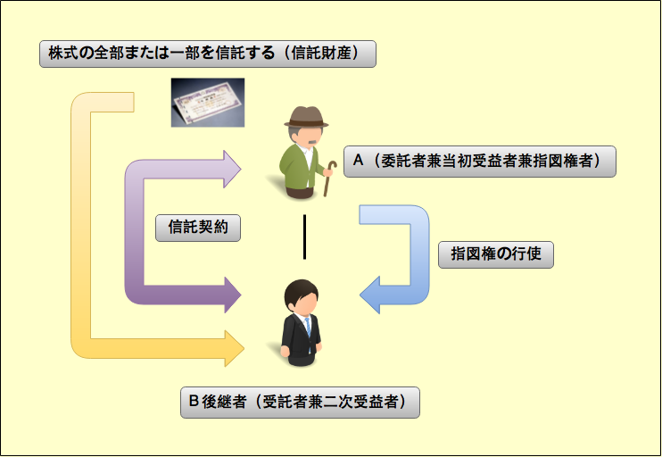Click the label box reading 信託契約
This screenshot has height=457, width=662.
[198, 227]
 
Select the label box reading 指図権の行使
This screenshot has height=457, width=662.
[497, 254]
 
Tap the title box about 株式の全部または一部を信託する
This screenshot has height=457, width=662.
[207, 54]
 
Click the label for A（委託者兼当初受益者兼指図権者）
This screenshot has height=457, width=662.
[479, 162]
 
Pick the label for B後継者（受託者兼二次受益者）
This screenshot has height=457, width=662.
[299, 403]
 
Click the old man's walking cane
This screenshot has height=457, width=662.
[329, 179]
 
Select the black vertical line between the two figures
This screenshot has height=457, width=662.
[304, 237]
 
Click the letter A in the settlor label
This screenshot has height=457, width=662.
[359, 162]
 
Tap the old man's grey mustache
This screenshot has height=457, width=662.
[309, 143]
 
